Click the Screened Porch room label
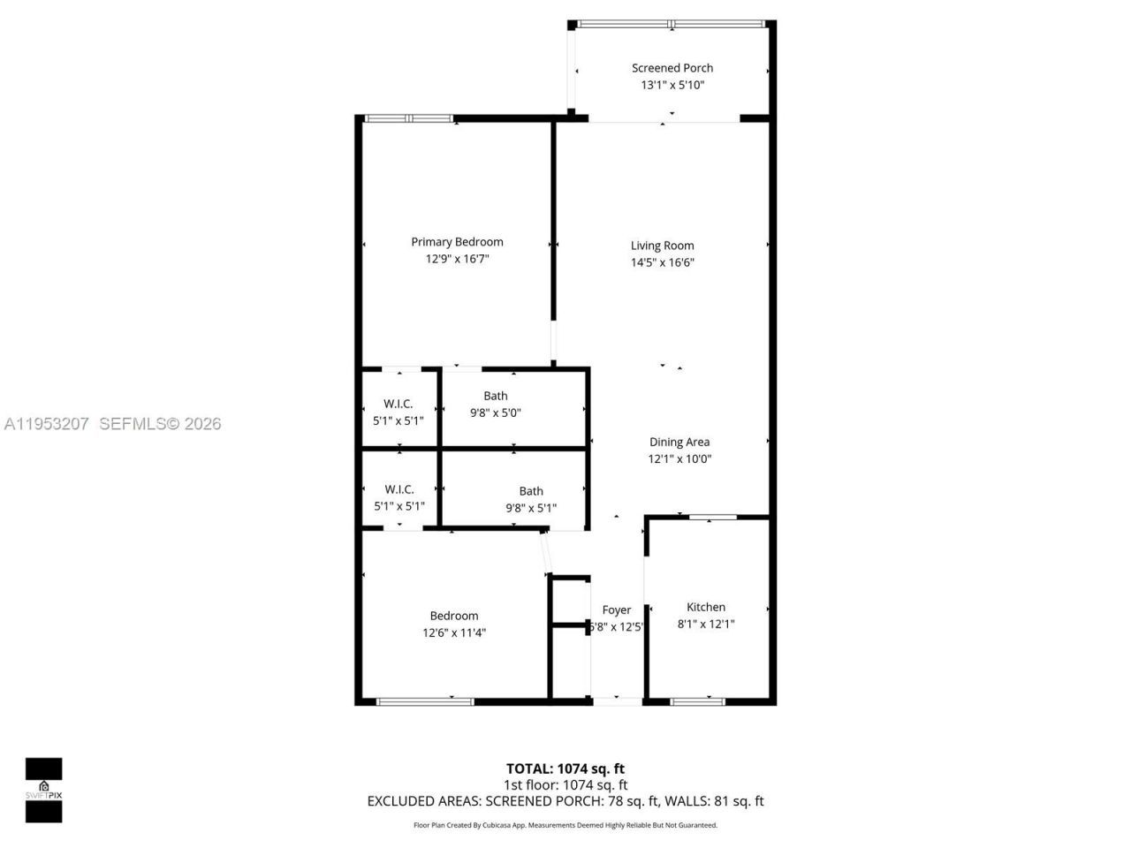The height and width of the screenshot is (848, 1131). (672, 68)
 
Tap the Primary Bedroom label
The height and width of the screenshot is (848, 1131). (457, 242)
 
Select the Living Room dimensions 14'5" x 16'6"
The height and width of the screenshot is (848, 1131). (662, 262)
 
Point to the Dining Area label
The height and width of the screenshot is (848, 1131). (679, 442)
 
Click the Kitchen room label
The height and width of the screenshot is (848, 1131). (706, 607)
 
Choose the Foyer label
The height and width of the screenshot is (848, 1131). (617, 609)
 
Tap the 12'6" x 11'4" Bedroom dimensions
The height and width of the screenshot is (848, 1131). (454, 632)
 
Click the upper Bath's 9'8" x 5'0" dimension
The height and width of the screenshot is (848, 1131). (496, 413)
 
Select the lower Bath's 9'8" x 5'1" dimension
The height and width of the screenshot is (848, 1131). (531, 508)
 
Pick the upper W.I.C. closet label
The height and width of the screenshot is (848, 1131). (399, 404)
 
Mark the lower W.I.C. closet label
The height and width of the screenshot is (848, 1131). (399, 489)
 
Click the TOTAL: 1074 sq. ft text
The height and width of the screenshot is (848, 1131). (565, 768)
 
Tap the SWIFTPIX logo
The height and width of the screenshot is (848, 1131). (43, 790)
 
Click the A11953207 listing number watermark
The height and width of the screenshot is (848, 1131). (47, 424)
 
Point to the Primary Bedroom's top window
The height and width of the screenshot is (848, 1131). (409, 118)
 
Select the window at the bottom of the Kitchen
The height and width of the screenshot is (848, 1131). (698, 701)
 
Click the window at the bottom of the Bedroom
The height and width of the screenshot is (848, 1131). (425, 701)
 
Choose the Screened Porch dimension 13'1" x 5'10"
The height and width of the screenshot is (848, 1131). (672, 86)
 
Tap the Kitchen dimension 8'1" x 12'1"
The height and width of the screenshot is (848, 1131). (706, 624)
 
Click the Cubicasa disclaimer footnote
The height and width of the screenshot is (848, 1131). (565, 825)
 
